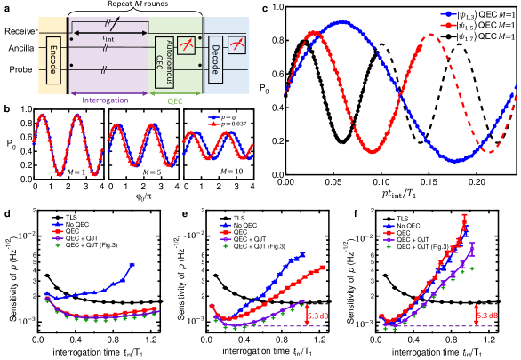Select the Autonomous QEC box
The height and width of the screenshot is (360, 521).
[164, 62]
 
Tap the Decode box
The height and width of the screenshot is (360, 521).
[214, 59]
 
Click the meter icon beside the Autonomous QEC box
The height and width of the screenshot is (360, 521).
[186, 45]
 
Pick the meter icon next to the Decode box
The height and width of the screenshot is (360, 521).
[237, 44]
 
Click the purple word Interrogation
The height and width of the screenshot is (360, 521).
[105, 100]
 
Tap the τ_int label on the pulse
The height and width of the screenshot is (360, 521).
[107, 39]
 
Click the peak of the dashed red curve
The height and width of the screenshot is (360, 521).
[430, 35]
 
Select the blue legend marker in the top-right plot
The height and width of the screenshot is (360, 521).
[450, 14]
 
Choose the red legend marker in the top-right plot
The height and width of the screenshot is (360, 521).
[450, 26]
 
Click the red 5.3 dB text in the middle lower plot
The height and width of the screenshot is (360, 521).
[317, 316]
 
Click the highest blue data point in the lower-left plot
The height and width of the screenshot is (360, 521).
[132, 264]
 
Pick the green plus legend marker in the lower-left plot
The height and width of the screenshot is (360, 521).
[58, 247]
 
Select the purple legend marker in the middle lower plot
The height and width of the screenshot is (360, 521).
[225, 239]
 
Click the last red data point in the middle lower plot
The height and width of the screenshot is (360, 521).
[322, 267]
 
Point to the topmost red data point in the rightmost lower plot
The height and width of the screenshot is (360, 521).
[465, 216]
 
